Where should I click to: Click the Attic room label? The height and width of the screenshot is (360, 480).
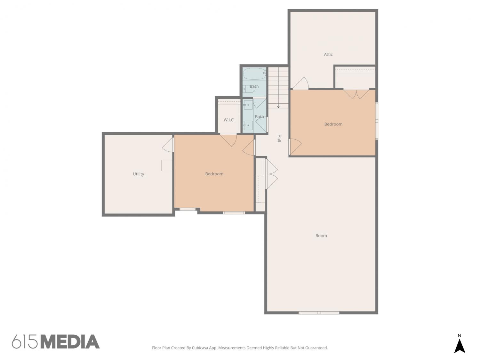[x=328, y=54]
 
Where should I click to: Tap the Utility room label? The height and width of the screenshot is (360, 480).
[x=139, y=174]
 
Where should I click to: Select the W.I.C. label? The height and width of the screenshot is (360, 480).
[x=229, y=120]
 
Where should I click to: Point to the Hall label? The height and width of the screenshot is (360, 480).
[x=279, y=138]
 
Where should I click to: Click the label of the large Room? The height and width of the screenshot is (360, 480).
[x=321, y=236]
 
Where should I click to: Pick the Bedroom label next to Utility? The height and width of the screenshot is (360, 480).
[x=214, y=174]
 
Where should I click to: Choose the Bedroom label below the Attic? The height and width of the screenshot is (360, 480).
[x=333, y=124]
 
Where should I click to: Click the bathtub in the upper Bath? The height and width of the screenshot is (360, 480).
[x=254, y=74]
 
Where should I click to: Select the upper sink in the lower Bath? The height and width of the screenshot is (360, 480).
[x=248, y=105]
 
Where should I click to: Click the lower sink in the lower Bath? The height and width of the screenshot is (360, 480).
[x=248, y=125]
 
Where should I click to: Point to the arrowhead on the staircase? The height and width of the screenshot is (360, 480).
[x=278, y=107]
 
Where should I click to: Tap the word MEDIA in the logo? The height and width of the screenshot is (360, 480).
[x=71, y=342]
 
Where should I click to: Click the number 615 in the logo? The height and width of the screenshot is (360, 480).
[x=25, y=342]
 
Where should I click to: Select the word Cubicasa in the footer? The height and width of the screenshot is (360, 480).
[x=200, y=348]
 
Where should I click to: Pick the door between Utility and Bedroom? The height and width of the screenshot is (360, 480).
[x=168, y=145]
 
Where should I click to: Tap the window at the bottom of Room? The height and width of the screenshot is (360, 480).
[x=319, y=313]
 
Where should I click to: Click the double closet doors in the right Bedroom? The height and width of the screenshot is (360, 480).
[x=356, y=93]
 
